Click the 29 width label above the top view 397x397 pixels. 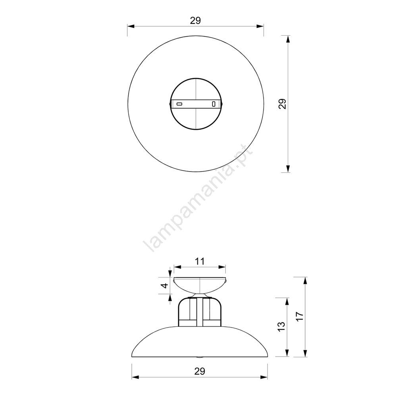195,21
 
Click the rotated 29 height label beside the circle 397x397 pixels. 282,104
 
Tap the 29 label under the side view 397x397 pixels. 200,371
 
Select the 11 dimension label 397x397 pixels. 200,261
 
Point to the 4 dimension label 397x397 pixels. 165,285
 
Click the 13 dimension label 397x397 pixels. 281,326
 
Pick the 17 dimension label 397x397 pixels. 299,316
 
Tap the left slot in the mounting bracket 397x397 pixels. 179,104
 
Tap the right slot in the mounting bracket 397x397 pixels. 214,104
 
